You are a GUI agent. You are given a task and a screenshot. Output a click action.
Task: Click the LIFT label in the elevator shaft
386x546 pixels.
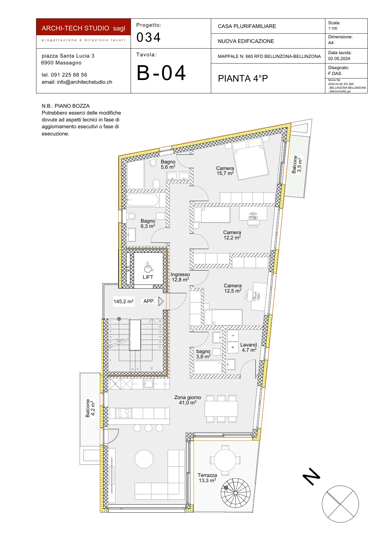(x=148, y=277)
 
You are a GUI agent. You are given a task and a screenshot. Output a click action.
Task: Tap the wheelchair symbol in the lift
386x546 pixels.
(x=148, y=267)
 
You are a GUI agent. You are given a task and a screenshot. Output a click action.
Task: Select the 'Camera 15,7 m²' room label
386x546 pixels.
(x=225, y=171)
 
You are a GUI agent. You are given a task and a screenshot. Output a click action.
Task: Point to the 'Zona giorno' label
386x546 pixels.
(x=188, y=397)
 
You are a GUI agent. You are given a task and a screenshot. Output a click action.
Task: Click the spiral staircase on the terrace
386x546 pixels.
(x=235, y=493)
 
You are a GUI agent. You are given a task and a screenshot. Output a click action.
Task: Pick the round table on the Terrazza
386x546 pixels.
(x=225, y=460)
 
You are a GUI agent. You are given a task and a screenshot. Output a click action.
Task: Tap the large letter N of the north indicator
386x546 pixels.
(x=312, y=476)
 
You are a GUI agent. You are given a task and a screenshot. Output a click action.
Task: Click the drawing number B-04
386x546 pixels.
(x=161, y=73)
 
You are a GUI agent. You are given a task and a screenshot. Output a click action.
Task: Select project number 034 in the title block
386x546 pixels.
(x=149, y=37)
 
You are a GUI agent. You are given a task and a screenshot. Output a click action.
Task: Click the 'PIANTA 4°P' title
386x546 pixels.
(x=243, y=78)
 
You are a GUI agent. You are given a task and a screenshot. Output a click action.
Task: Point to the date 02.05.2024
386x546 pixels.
(x=339, y=59)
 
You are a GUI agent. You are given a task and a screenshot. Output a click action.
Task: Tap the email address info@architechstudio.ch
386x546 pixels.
(x=77, y=82)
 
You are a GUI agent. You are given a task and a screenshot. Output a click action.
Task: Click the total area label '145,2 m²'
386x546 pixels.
(x=123, y=301)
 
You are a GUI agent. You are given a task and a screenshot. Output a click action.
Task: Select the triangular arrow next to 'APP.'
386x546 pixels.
(x=161, y=301)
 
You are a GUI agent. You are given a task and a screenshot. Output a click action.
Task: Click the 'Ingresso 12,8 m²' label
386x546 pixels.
(x=180, y=277)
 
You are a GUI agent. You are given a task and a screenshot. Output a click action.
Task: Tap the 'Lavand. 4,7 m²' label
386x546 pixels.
(x=249, y=347)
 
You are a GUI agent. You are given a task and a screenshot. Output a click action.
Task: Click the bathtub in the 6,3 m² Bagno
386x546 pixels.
(x=143, y=200)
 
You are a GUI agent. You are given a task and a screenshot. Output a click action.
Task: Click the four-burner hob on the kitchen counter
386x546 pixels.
(x=123, y=413)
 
